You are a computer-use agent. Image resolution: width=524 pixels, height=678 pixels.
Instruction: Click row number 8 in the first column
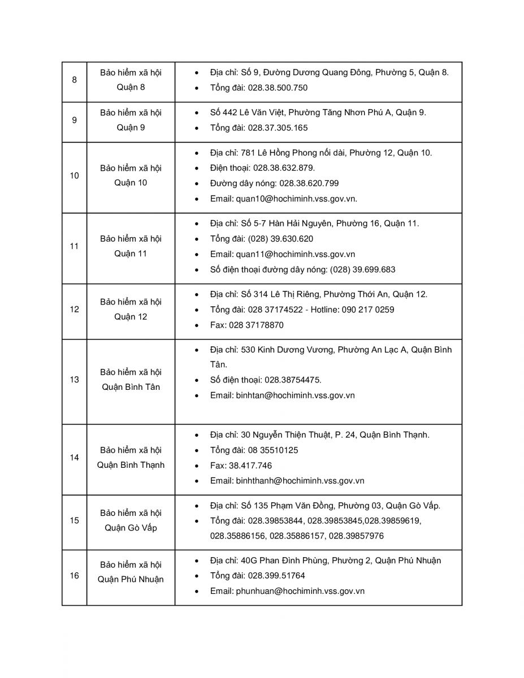(75, 80)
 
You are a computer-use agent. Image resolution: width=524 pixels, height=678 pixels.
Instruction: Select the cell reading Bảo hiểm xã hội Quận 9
(131, 120)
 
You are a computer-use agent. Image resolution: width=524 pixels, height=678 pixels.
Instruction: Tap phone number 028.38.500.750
(278, 88)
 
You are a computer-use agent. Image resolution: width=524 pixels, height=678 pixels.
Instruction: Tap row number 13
(75, 380)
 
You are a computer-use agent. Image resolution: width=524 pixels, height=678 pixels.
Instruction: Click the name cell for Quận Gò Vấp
(131, 520)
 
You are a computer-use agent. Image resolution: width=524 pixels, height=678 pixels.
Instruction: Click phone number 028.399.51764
(276, 576)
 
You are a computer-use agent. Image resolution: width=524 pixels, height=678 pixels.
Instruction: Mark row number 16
(75, 576)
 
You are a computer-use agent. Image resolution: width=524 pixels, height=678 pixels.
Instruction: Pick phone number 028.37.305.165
(278, 128)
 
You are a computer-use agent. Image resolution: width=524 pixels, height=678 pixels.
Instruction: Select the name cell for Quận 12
(131, 309)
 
